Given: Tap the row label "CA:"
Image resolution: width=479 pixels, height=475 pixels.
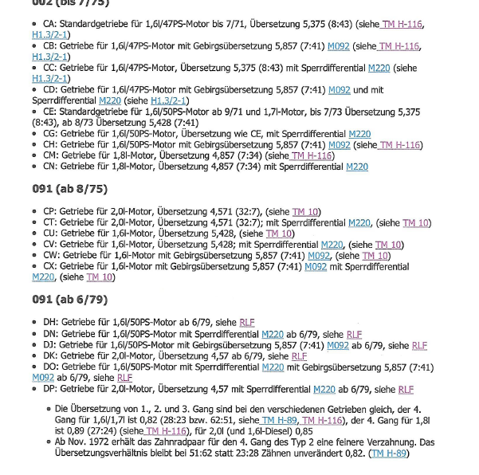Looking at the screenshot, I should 49,25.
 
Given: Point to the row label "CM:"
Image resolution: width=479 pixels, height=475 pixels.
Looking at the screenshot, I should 51,155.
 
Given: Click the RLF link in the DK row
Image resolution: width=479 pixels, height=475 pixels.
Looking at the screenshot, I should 299,355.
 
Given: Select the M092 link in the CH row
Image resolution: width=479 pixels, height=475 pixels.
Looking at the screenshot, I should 339,145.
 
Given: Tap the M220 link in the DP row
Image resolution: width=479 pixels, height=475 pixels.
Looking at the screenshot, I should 324,389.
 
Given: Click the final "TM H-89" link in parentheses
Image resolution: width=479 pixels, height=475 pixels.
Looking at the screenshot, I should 389,453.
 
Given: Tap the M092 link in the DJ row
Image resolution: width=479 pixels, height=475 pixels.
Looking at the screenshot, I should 338,344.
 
